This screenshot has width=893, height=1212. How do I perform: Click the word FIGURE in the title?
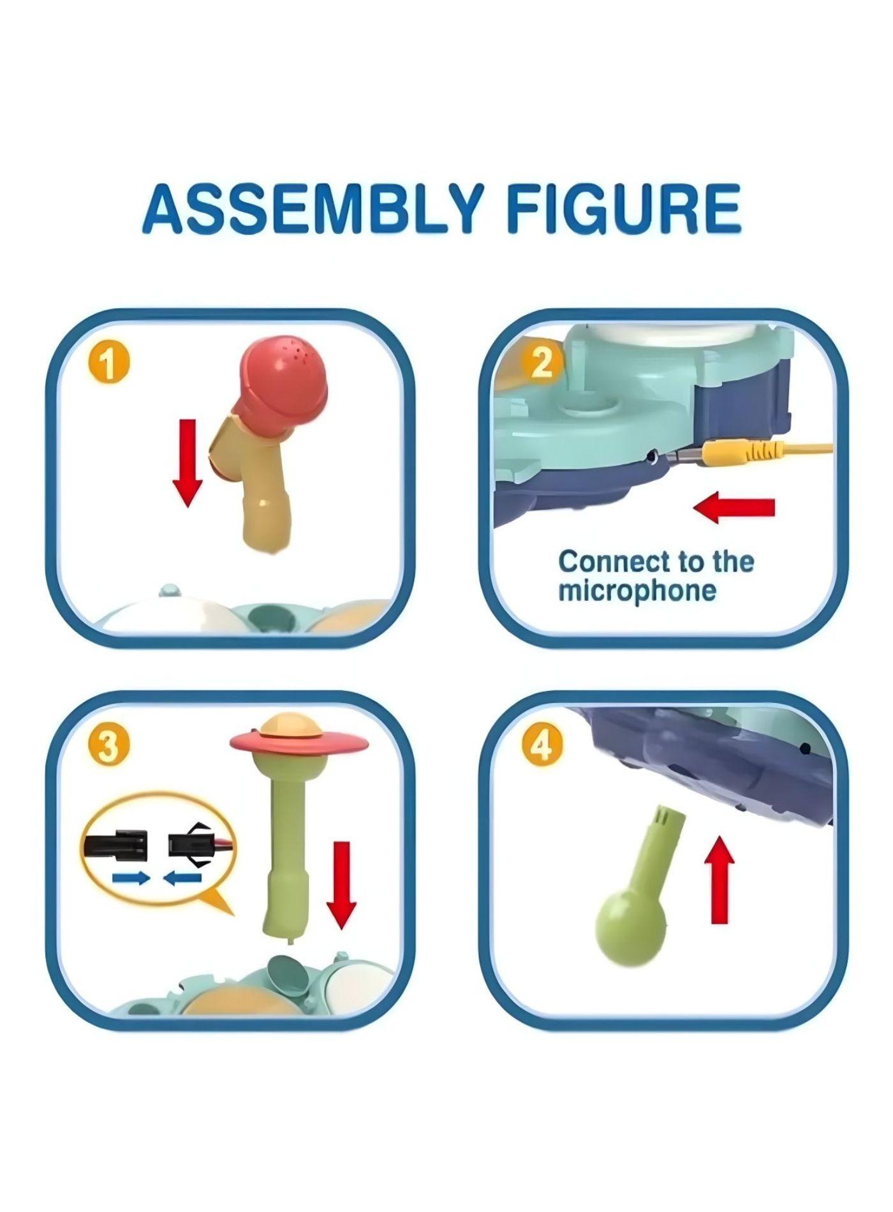pyautogui.click(x=624, y=208)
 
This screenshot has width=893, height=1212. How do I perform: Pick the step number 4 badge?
pyautogui.click(x=542, y=744)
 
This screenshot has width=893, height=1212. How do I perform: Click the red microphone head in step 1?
pyautogui.click(x=283, y=376)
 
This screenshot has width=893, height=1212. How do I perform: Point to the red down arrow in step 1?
pyautogui.click(x=187, y=462)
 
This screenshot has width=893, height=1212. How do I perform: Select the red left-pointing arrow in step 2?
pyautogui.click(x=734, y=507)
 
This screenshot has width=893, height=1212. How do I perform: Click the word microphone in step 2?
pyautogui.click(x=637, y=591)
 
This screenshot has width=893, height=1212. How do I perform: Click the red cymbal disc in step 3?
pyautogui.click(x=300, y=742)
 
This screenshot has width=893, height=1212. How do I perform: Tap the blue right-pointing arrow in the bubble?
pyautogui.click(x=131, y=878)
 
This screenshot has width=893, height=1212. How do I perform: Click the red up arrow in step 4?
pyautogui.click(x=720, y=880)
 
